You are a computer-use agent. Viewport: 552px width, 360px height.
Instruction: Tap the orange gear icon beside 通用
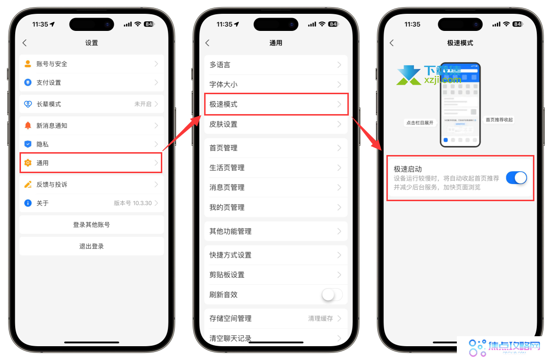tap(28, 163)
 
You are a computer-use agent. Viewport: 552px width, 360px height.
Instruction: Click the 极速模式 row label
tap(223, 104)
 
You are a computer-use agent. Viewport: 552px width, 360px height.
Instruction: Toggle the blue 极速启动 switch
tap(516, 178)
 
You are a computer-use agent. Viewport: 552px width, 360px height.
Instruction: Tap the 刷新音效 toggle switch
tap(332, 295)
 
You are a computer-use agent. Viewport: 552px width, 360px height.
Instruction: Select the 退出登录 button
tap(91, 246)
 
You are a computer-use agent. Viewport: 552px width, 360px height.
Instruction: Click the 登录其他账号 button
tap(91, 224)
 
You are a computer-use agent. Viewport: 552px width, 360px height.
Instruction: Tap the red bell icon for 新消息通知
tap(28, 126)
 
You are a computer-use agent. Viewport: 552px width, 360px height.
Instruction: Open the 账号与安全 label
tap(52, 64)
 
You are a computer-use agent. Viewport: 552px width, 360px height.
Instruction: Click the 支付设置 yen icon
tap(28, 82)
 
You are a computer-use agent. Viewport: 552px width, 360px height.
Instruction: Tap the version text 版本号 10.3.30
tap(133, 203)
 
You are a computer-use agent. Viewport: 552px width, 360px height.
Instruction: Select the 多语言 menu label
tap(220, 65)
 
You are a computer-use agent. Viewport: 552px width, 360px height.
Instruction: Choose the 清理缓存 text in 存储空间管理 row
tap(320, 319)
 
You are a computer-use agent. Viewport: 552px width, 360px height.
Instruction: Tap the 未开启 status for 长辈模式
tap(143, 104)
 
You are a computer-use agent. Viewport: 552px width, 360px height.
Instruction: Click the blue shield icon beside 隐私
tap(28, 144)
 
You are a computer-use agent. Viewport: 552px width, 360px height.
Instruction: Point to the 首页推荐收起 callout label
tap(499, 120)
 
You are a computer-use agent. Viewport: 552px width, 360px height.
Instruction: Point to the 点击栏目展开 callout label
tap(420, 123)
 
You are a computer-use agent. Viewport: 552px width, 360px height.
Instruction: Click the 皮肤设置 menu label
tap(223, 124)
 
